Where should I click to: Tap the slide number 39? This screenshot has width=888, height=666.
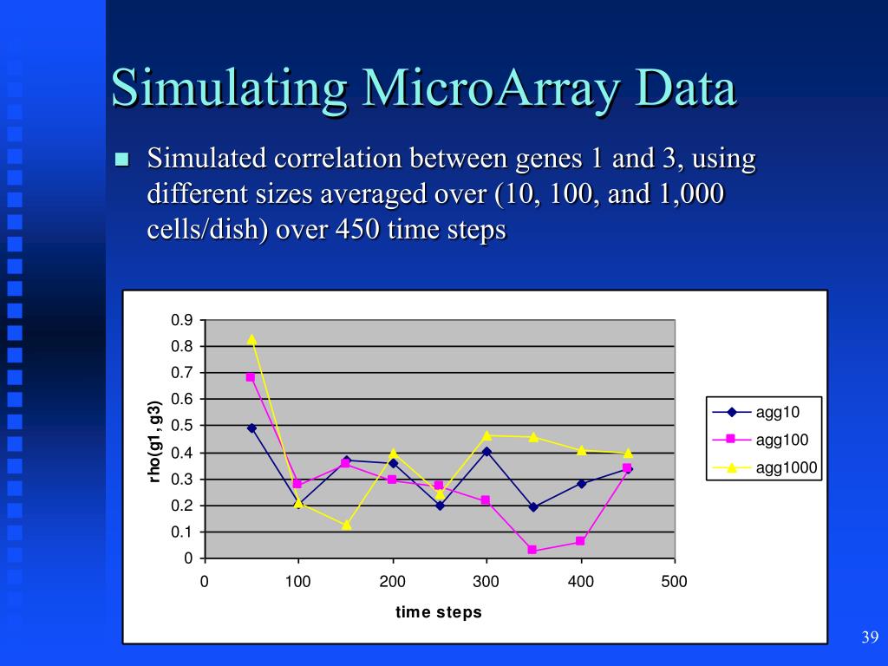pyautogui.click(x=870, y=638)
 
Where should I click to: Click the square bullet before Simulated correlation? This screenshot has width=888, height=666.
pyautogui.click(x=121, y=160)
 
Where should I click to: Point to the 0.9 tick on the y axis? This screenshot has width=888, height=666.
pyautogui.click(x=181, y=320)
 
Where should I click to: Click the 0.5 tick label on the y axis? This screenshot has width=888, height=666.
pyautogui.click(x=181, y=426)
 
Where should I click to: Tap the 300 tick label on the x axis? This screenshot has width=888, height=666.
pyautogui.click(x=486, y=582)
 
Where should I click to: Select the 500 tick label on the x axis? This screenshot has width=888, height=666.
pyautogui.click(x=674, y=582)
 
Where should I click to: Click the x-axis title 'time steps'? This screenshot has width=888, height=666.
pyautogui.click(x=439, y=612)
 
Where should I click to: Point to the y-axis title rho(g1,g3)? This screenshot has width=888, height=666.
pyautogui.click(x=155, y=441)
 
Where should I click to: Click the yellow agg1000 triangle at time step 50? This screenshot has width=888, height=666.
pyautogui.click(x=251, y=339)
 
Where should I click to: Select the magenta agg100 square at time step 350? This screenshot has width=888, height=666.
pyautogui.click(x=532, y=550)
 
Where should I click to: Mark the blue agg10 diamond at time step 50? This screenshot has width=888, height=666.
pyautogui.click(x=251, y=428)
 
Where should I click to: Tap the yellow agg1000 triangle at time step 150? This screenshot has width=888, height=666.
pyautogui.click(x=346, y=525)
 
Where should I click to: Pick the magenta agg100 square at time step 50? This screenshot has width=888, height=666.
pyautogui.click(x=251, y=377)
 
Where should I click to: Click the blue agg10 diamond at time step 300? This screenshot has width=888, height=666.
pyautogui.click(x=486, y=451)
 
